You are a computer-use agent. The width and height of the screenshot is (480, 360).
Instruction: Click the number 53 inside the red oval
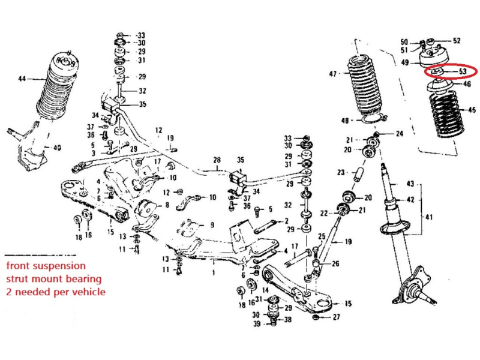[462, 71]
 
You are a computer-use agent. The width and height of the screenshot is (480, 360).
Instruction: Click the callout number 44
[22, 79]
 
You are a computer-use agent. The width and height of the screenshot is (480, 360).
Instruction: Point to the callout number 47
[333, 74]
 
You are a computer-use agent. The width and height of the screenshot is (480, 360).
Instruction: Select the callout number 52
[457, 41]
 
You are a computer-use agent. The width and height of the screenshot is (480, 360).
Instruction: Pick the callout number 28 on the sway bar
[217, 160]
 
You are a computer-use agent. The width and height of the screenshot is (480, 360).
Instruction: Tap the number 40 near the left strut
[57, 148]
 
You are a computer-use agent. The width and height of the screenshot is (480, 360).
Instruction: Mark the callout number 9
[211, 226]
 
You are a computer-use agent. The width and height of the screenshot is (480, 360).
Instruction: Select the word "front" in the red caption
[19, 265]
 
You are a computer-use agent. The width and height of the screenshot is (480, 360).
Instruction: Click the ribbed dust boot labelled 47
[364, 90]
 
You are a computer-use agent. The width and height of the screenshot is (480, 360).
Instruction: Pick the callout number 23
[341, 172]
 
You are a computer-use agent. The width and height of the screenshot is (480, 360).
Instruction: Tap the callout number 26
[335, 263]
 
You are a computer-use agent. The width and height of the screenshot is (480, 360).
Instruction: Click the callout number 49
[405, 62]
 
